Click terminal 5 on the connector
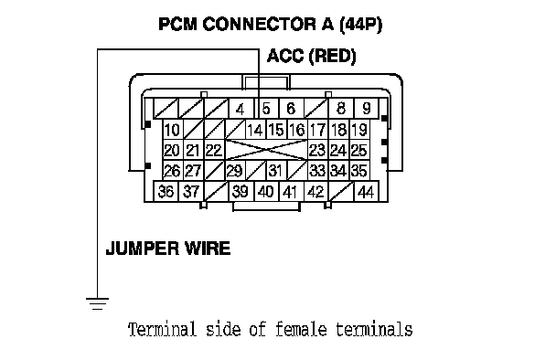click(x=267, y=109)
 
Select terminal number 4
click(x=241, y=109)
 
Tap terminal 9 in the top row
click(x=367, y=109)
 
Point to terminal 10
click(x=173, y=130)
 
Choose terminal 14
click(x=256, y=130)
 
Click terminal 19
click(x=359, y=130)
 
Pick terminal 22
click(x=214, y=150)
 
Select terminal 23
click(x=318, y=150)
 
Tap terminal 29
click(x=235, y=171)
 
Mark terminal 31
click(x=276, y=171)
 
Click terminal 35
click(x=359, y=171)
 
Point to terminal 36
click(x=166, y=191)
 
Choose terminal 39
click(x=241, y=191)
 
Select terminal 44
click(x=367, y=191)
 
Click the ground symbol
click(x=97, y=303)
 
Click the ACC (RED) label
click(x=311, y=57)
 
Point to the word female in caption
click(x=301, y=329)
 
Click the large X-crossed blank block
click(x=266, y=150)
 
